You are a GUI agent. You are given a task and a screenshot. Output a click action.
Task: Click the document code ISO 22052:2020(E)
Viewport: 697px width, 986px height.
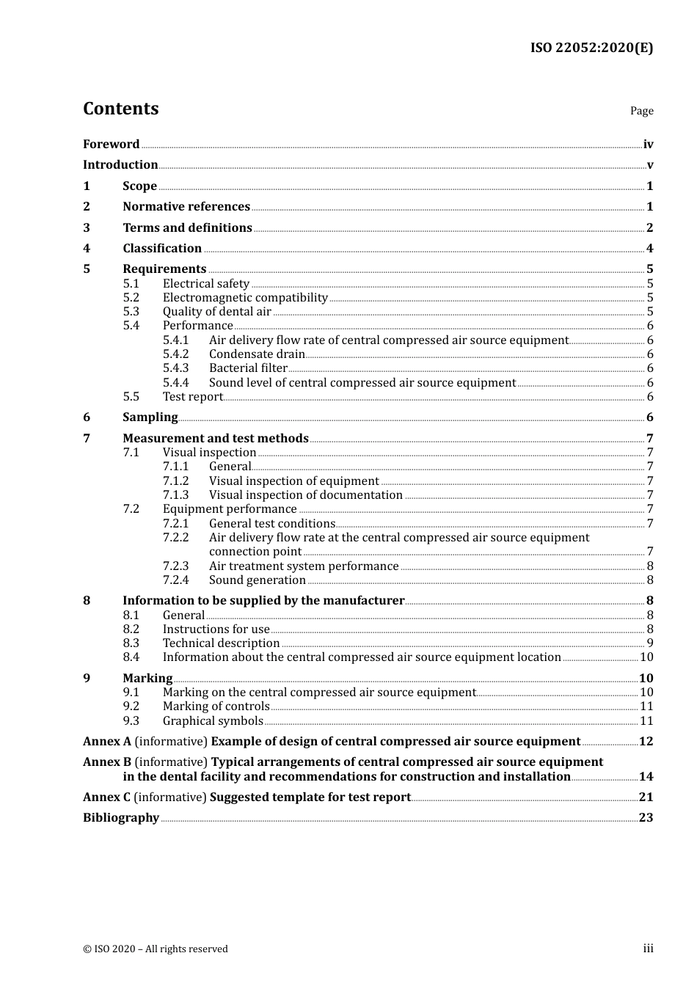(591, 48)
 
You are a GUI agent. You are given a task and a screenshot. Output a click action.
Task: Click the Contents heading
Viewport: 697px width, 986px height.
(120, 109)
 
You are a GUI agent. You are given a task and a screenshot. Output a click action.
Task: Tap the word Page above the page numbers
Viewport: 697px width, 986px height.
(641, 111)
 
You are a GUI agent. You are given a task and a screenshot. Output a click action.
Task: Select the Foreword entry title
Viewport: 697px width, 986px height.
(111, 145)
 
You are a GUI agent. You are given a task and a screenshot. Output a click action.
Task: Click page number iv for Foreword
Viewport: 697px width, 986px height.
(648, 145)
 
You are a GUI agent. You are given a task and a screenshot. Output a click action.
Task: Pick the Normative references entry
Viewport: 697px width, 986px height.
(186, 207)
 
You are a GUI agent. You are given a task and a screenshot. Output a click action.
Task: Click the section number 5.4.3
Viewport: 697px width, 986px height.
(175, 368)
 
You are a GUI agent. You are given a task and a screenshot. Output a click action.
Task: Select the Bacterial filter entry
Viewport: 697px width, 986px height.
(248, 368)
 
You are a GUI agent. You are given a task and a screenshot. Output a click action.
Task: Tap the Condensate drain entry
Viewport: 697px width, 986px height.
(257, 354)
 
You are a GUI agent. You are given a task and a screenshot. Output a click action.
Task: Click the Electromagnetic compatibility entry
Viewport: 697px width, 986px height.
(245, 298)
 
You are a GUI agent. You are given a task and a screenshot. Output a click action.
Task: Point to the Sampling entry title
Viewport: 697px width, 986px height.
(150, 417)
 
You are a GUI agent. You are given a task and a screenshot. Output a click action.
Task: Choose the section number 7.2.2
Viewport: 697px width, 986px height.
(175, 538)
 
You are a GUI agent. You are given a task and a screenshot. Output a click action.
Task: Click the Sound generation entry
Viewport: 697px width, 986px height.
(257, 580)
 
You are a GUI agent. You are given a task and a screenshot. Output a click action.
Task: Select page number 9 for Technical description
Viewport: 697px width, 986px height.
(650, 643)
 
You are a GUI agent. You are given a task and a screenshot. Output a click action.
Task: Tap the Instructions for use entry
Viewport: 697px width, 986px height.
(216, 629)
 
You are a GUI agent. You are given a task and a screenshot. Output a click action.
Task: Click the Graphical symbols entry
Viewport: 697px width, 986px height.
(213, 721)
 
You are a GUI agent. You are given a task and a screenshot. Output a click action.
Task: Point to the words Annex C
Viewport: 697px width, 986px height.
(107, 797)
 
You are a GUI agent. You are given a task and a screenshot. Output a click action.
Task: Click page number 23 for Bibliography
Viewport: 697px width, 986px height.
(646, 818)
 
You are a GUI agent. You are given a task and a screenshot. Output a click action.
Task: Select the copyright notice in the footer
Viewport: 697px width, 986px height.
(156, 949)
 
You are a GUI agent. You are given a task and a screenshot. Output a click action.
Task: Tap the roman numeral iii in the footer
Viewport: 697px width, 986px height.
(648, 949)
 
